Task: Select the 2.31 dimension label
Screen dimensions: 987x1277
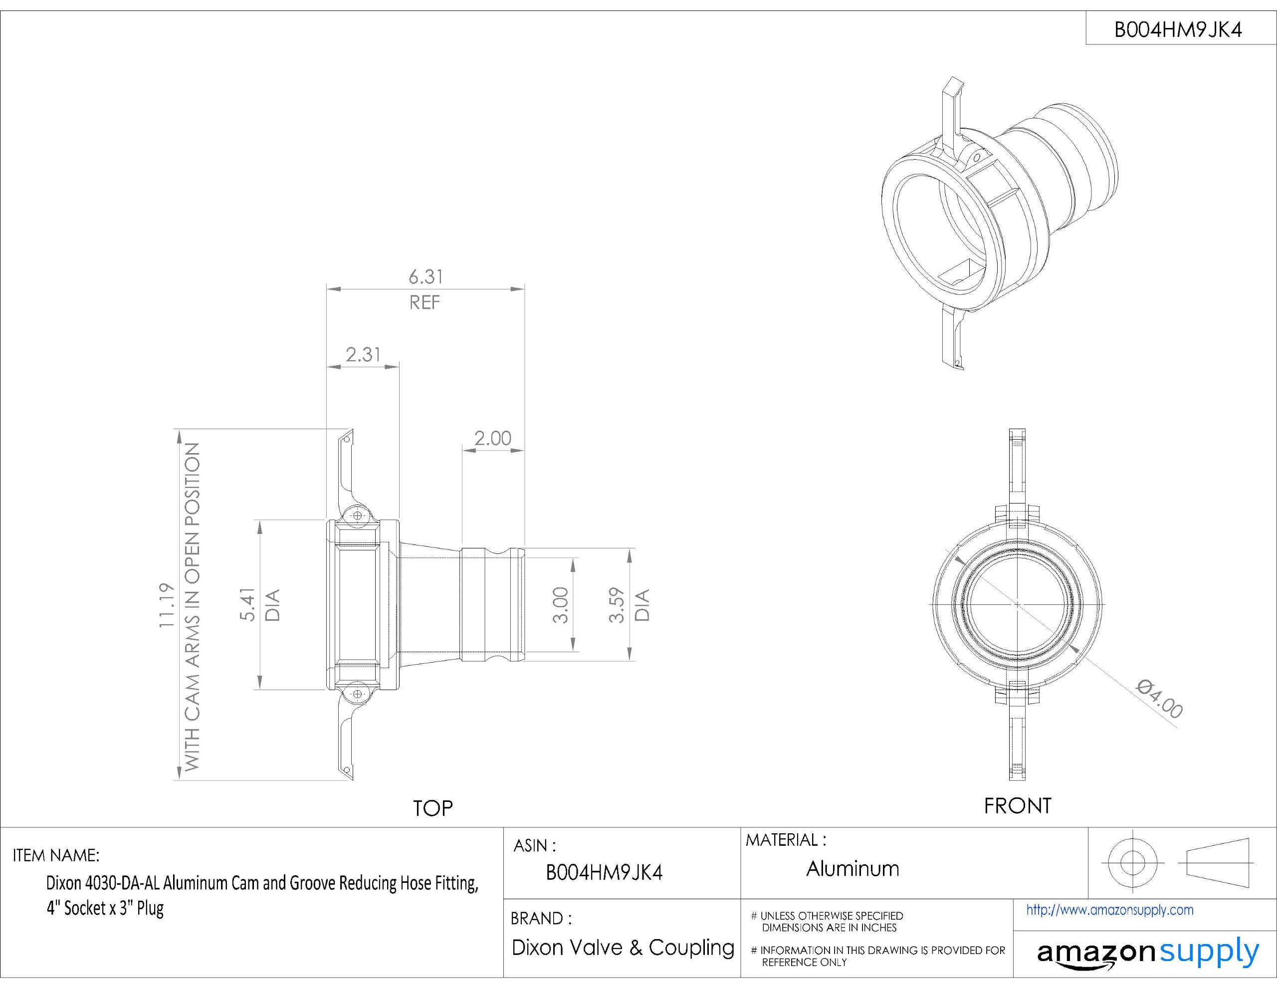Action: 363,355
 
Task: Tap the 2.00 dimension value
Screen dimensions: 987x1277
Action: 492,438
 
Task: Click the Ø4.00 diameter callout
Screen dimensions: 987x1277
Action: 1159,699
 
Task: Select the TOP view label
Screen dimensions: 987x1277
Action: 432,808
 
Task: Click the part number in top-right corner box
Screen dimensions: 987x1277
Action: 1178,30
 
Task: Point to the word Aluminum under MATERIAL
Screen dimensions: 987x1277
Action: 852,869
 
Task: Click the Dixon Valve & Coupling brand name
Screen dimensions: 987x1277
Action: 623,947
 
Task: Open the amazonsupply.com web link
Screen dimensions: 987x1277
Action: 1109,910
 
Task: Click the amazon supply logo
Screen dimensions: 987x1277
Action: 1147,954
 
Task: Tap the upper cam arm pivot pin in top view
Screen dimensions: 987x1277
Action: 358,515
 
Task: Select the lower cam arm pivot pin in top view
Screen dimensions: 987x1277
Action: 358,694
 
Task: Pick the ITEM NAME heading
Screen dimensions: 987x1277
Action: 56,855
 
